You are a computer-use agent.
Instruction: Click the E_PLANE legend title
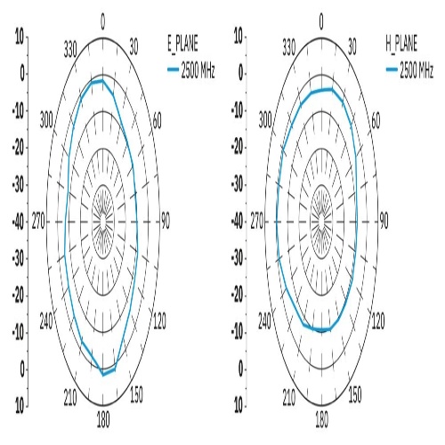pyautogui.click(x=182, y=44)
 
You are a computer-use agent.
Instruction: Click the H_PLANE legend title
pyautogui.click(x=401, y=44)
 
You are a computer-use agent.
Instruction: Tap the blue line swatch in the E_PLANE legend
pyautogui.click(x=173, y=69)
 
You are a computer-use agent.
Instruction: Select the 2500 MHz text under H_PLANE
pyautogui.click(x=417, y=70)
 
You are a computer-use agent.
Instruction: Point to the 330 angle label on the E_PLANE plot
pyautogui.click(x=70, y=49)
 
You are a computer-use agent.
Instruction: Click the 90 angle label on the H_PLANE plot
pyautogui.click(x=384, y=222)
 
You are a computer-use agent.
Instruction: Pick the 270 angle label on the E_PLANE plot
pyautogui.click(x=38, y=222)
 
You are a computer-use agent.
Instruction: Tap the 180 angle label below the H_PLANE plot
pyautogui.click(x=321, y=420)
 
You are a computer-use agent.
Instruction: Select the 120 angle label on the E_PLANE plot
pyautogui.click(x=159, y=321)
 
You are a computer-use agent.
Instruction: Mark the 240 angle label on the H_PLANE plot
pyautogui.click(x=264, y=321)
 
